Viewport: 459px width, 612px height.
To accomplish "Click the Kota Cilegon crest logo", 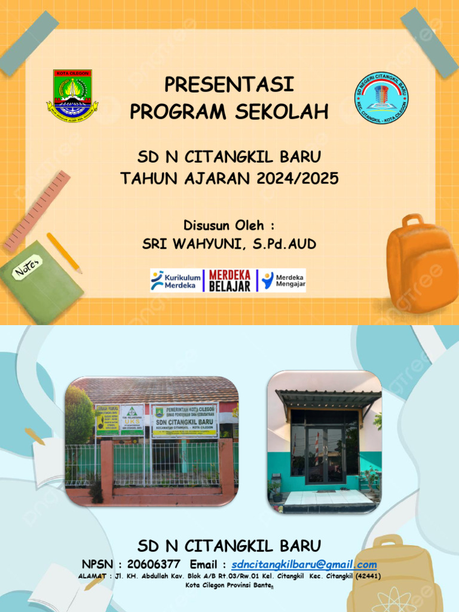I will [72, 96].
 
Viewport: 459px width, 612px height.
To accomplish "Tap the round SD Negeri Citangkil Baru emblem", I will [382, 99].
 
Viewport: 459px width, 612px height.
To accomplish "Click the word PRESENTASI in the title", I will [229, 85].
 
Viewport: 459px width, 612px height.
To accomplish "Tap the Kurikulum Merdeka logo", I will [176, 280].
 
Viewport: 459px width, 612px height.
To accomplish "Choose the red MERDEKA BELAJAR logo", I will [229, 280].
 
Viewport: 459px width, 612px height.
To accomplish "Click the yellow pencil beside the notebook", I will [64, 252].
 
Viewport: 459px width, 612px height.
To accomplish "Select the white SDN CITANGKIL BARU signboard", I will [185, 420].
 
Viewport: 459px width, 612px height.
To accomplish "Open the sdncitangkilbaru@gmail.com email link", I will [304, 565].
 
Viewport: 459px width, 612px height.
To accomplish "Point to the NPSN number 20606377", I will [154, 565].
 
